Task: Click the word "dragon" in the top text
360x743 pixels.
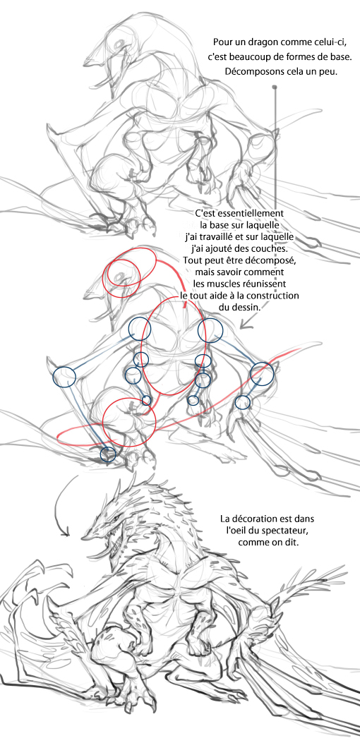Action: [258, 42]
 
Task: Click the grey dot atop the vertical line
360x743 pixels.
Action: [275, 87]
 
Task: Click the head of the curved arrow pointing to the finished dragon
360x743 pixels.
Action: [66, 533]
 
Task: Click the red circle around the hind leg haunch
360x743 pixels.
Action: [129, 423]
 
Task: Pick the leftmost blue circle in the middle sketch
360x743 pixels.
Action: [64, 377]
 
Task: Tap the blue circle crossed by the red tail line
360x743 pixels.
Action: [263, 374]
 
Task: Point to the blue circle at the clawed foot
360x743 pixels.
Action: [108, 454]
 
